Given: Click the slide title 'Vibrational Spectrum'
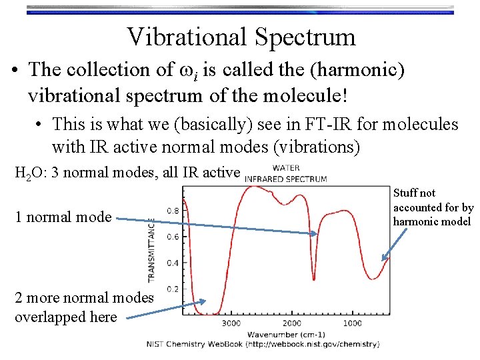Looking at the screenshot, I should pos(241,37).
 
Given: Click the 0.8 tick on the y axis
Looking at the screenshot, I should pos(172,211).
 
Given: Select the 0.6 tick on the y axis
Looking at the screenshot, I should pos(172,237).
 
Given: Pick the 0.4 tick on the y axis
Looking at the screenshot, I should pos(172,263).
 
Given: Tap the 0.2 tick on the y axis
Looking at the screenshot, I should pos(172,289).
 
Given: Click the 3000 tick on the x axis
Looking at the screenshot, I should pos(231,323).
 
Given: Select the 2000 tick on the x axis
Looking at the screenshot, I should pos(291,323).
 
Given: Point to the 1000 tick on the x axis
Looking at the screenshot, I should pos(352,323).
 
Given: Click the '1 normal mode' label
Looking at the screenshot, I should pos(63,217).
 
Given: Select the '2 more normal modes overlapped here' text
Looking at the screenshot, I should pos(83,307).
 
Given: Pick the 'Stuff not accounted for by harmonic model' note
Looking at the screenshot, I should pos(433,207).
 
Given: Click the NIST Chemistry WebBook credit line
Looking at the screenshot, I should pos(263,344).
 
